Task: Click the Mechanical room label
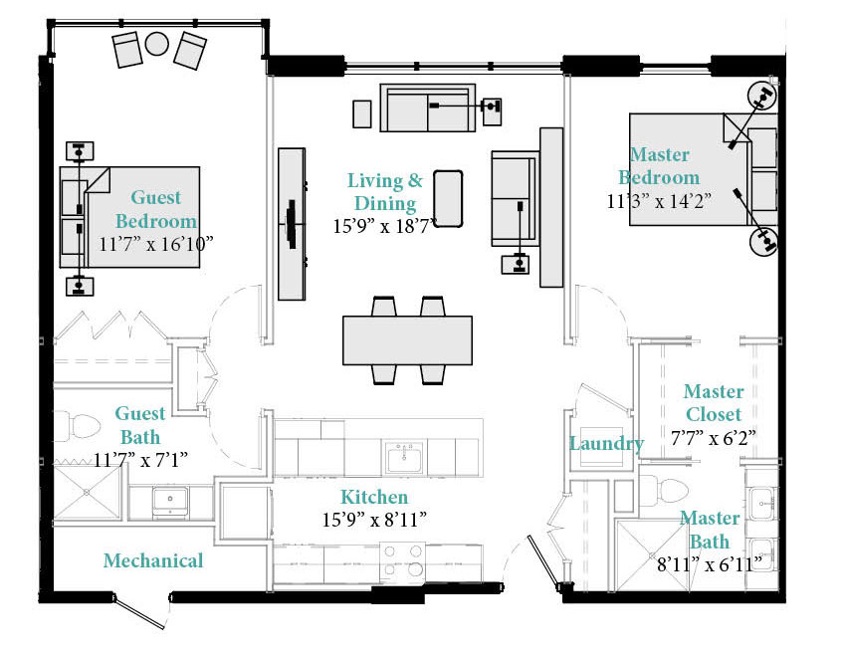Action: (153, 560)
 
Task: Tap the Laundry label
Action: (607, 444)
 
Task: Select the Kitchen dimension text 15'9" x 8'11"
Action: (374, 520)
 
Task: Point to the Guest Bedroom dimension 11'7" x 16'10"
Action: (156, 244)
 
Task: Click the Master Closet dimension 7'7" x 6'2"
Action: (714, 438)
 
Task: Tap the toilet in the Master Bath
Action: (665, 490)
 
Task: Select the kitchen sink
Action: (403, 457)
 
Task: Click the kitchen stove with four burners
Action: (402, 560)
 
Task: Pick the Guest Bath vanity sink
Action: (170, 503)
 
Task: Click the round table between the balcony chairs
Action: (156, 44)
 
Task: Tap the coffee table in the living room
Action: (448, 199)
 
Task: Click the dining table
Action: (407, 340)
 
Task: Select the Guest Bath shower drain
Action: (87, 492)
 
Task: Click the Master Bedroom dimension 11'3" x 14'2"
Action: (659, 201)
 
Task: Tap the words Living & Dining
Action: (385, 192)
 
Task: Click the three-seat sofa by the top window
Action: (428, 108)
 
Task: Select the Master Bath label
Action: (710, 530)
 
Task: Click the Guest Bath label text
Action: (140, 425)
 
